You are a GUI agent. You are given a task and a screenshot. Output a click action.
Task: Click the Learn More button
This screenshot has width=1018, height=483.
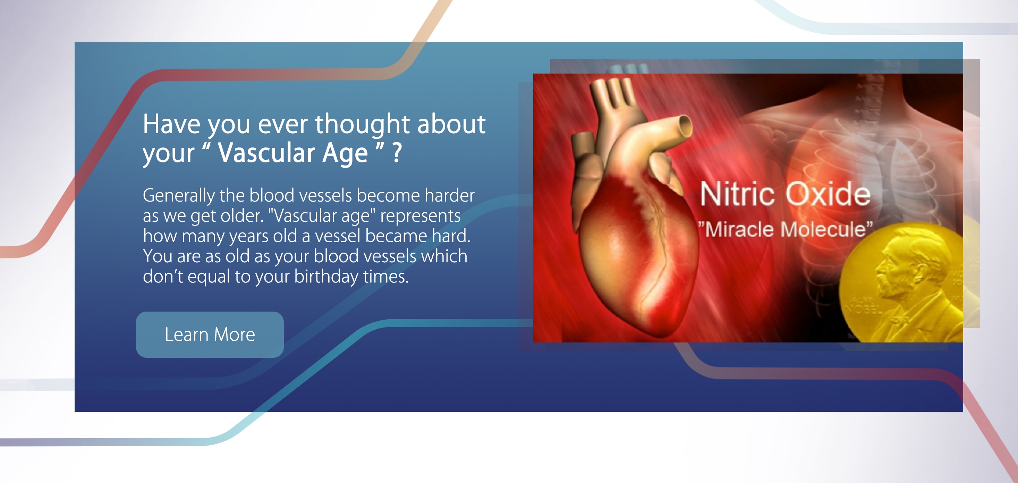[210, 334]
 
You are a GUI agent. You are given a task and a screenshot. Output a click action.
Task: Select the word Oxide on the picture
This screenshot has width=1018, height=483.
[828, 194]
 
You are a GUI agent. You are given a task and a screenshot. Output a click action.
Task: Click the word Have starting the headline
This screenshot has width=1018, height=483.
[172, 124]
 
